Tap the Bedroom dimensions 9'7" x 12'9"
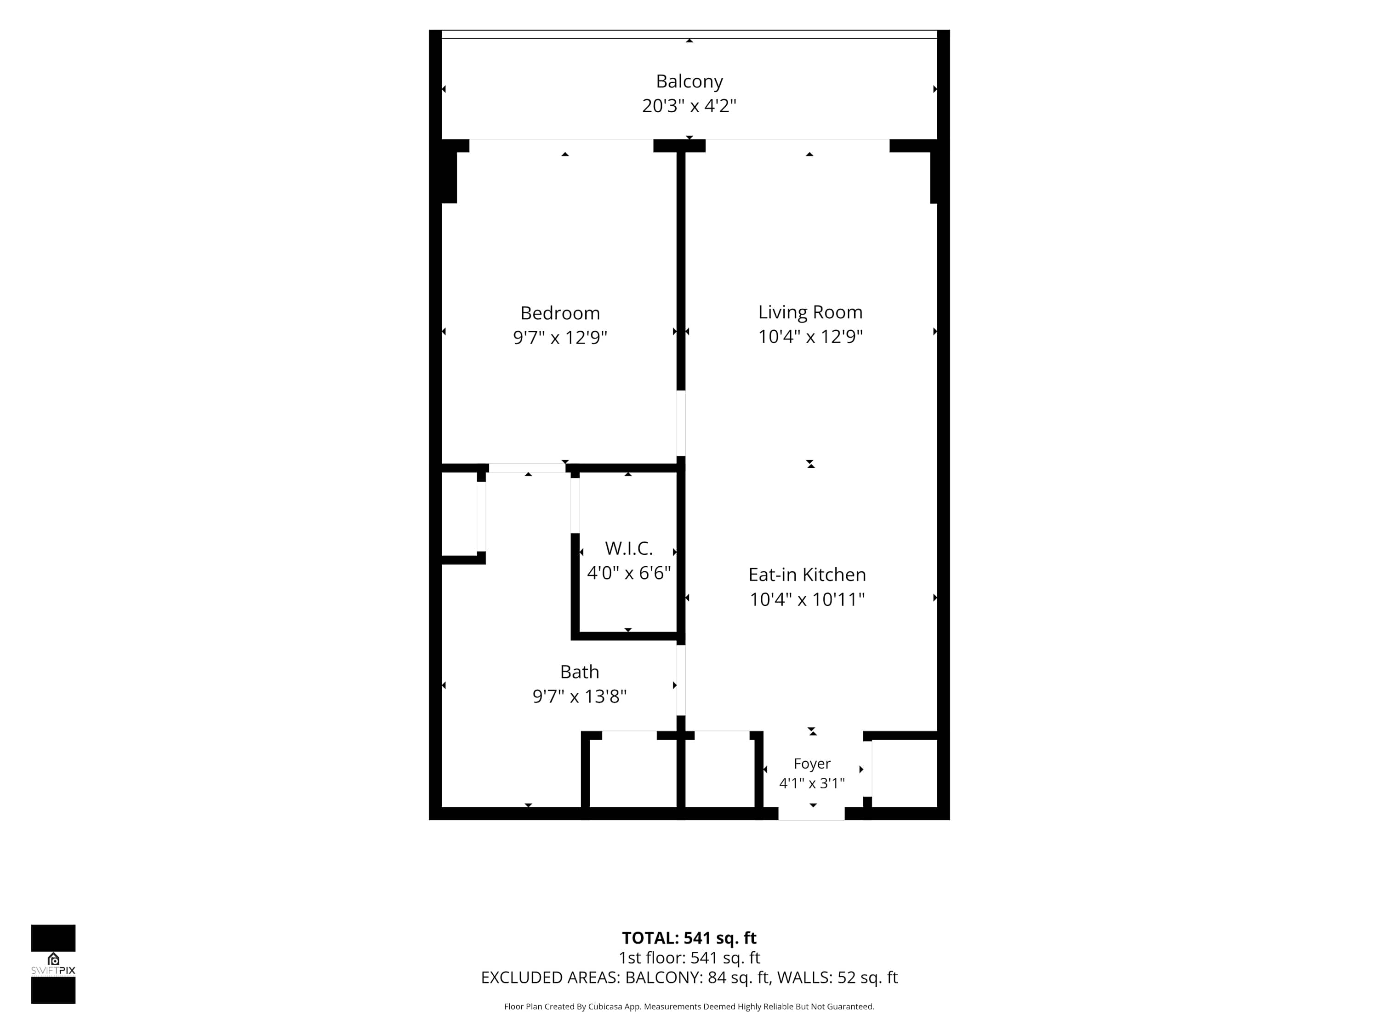click(x=560, y=338)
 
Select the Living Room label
click(x=810, y=312)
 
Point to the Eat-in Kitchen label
click(x=807, y=575)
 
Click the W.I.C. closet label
click(x=628, y=548)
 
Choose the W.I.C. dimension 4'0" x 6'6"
click(x=628, y=573)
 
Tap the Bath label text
click(x=579, y=672)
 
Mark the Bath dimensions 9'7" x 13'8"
click(x=579, y=696)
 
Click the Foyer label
click(x=812, y=764)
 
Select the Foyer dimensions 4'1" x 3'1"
click(x=812, y=783)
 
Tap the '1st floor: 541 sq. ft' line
click(x=689, y=958)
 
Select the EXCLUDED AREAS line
click(x=689, y=977)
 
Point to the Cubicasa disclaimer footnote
click(x=689, y=1006)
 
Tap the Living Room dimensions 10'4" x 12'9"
click(x=810, y=337)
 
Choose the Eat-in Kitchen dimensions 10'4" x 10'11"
click(x=807, y=599)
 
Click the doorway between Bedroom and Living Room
click(x=681, y=423)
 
